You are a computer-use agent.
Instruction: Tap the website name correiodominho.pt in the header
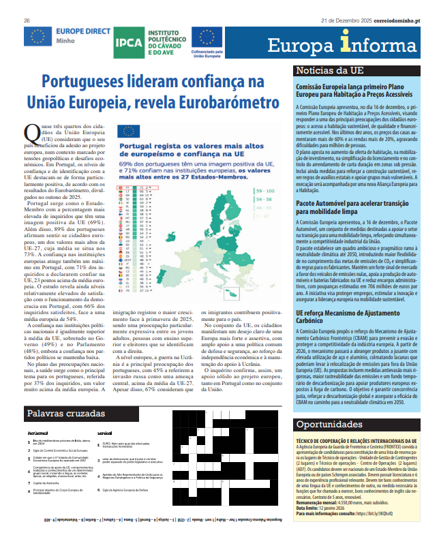[391, 21]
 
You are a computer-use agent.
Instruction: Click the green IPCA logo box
[129, 42]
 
